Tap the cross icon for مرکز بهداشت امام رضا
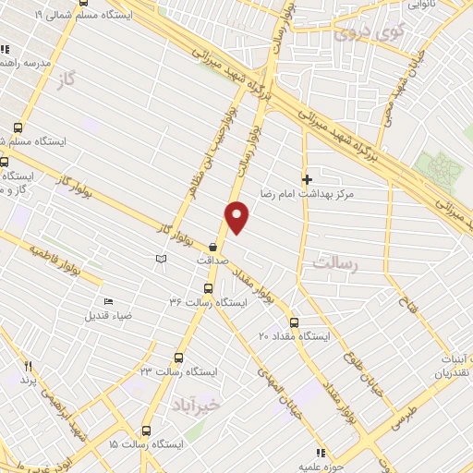coord(307,179)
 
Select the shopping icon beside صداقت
coord(214,247)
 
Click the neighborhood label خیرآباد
coord(198,405)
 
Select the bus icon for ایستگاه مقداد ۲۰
coord(294,322)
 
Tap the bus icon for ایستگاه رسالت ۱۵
coord(146,430)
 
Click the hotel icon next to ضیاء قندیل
coord(108,301)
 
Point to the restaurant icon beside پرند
coord(28,367)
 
